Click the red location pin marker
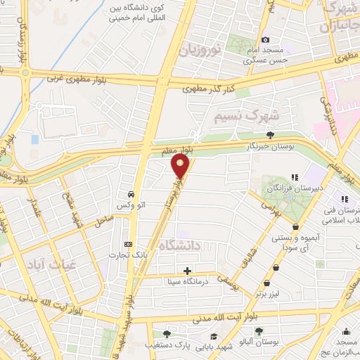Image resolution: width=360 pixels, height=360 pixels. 181,167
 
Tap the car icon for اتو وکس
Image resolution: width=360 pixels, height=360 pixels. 131,193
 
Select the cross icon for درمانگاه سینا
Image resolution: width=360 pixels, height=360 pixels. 187,271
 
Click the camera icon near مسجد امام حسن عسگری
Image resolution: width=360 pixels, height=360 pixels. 265,40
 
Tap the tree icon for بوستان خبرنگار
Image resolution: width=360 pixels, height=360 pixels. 271,135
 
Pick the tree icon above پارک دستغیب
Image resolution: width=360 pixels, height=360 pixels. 167,334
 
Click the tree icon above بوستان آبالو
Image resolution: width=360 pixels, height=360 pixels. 259,330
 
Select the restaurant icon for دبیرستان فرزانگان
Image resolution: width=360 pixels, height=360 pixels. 295,177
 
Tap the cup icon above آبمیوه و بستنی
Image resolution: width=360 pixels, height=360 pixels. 296,227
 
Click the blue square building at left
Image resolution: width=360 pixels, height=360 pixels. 35,139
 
